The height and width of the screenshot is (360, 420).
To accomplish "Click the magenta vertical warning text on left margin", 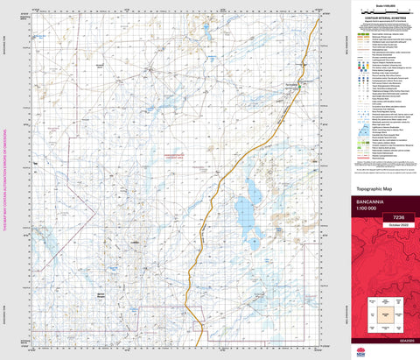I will click(5, 180).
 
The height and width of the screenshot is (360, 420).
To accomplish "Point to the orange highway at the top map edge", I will click(314, 15).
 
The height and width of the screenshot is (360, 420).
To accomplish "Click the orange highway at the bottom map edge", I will click(204, 343).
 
